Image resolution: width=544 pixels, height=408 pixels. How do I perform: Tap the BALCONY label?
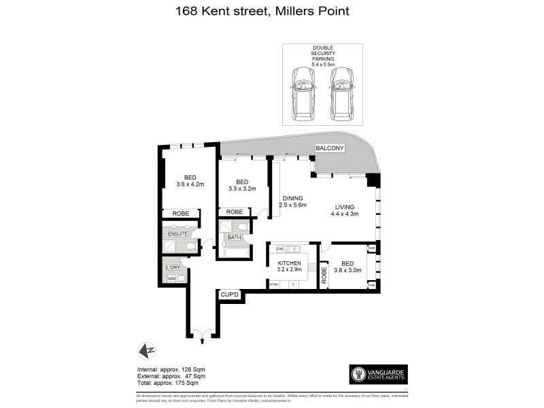coord(330,149)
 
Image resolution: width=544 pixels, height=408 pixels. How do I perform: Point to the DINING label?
coord(293,199)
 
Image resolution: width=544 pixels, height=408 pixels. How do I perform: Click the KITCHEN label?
coord(289,262)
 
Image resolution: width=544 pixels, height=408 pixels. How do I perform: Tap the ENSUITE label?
coord(177,233)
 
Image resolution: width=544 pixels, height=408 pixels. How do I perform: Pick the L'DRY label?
coord(173,267)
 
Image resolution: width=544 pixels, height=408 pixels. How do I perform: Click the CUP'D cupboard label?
coord(230,294)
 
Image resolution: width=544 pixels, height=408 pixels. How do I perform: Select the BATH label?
coord(234,237)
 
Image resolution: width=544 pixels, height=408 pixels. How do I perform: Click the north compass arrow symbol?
coord(147,351)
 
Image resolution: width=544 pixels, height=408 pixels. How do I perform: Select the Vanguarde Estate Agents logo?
coord(377,373)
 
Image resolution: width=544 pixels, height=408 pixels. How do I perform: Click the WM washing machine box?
coord(172,278)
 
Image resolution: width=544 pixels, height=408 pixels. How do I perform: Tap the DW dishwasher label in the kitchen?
coord(279,250)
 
